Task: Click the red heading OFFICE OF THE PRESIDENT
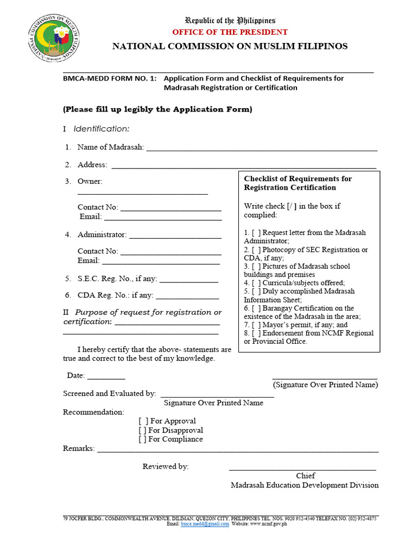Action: (230, 32)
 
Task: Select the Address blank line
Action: (243, 166)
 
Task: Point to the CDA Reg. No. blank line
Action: (187, 298)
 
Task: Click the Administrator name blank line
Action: (175, 237)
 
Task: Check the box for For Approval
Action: (143, 421)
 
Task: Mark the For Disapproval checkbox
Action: (143, 430)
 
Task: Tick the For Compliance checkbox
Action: (143, 440)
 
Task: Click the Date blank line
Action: (106, 377)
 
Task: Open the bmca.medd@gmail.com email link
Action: (205, 524)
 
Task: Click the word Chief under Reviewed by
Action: (305, 476)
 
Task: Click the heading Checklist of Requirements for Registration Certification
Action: (298, 183)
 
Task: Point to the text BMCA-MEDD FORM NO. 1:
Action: (110, 78)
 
